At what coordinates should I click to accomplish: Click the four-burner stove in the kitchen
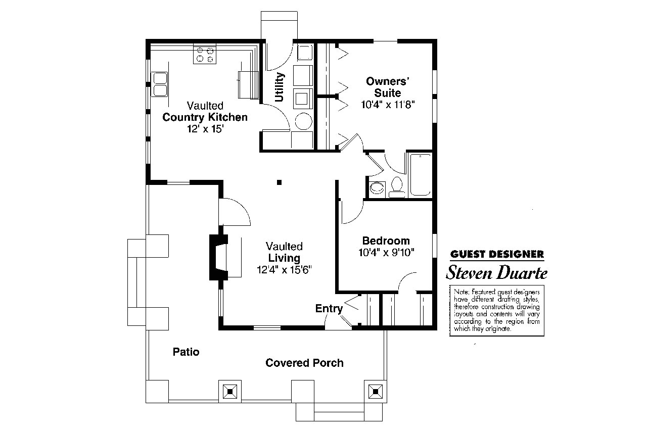coord(204,55)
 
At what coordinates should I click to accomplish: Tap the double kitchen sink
coord(160,85)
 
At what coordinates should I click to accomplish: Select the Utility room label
coord(280,87)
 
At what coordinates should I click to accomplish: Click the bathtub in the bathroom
coord(420,175)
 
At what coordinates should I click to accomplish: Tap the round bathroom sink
coord(377,188)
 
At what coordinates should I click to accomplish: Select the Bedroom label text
coord(386,241)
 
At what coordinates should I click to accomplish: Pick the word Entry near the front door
coord(329,308)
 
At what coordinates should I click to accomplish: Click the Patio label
coord(186,352)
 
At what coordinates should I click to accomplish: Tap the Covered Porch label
coord(304,363)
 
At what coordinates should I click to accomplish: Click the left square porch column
coord(230,391)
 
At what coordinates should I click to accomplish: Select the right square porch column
coord(375,391)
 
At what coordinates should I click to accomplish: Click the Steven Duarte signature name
coord(496,273)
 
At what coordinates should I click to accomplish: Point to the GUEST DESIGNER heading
coord(497,254)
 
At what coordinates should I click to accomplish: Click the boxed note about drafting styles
coord(497,310)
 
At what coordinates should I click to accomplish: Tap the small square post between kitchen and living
coord(279,182)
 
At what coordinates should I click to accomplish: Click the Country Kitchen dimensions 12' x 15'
coord(205,128)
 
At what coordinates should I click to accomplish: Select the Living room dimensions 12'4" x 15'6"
coord(285,270)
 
